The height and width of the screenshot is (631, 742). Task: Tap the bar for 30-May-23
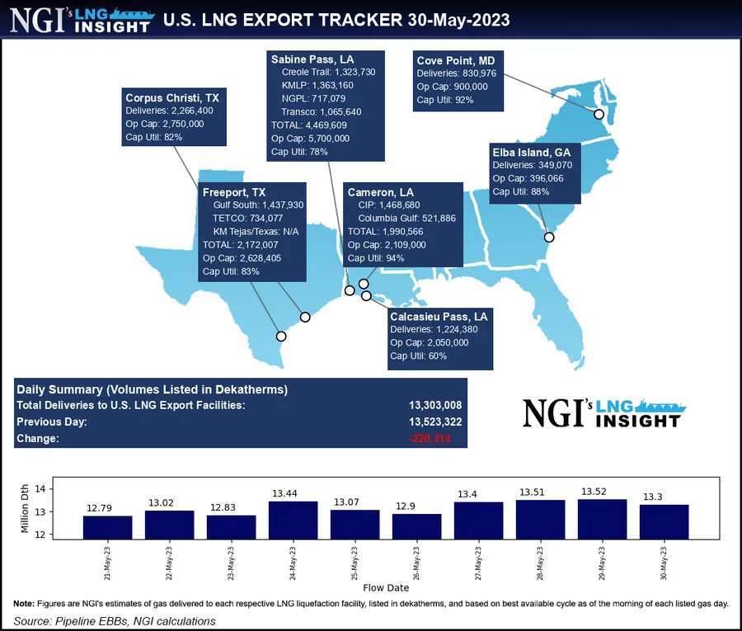(x=664, y=521)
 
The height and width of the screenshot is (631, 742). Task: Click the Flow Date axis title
(x=386, y=588)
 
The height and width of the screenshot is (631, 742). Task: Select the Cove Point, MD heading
(x=455, y=59)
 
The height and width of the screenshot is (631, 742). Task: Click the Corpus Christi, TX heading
(x=171, y=97)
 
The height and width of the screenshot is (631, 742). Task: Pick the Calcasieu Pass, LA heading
(x=439, y=316)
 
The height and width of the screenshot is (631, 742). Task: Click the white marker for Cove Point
(x=599, y=114)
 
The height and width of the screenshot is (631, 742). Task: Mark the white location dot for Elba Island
(x=549, y=238)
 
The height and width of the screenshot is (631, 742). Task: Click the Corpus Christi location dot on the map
(x=281, y=336)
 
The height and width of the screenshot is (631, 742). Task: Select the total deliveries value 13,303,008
(x=434, y=405)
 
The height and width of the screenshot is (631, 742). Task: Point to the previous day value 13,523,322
(x=434, y=421)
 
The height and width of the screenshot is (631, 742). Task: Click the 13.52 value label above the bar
(x=602, y=492)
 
